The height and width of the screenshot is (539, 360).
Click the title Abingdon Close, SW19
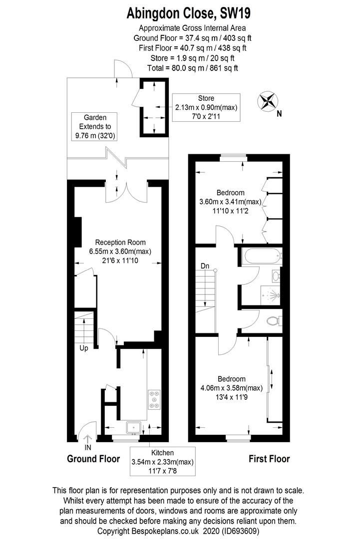(x=188, y=13)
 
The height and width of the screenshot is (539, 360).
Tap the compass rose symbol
(x=268, y=101)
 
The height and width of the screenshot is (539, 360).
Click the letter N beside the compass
(x=279, y=113)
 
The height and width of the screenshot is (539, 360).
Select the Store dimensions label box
(x=206, y=107)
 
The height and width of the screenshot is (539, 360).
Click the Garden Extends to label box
(x=95, y=126)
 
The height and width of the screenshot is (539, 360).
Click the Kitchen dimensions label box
(x=163, y=461)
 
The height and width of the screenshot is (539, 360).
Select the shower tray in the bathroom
(x=271, y=295)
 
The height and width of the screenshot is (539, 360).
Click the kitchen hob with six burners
(x=154, y=399)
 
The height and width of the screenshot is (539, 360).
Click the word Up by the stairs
(x=83, y=348)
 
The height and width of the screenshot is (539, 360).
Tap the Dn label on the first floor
(x=205, y=266)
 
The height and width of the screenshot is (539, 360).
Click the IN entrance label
(x=88, y=448)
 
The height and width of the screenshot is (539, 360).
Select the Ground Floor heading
(x=93, y=459)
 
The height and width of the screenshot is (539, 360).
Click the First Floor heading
(x=269, y=459)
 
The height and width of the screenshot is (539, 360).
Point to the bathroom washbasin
(x=276, y=275)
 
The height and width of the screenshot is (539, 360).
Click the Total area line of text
(x=193, y=68)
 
